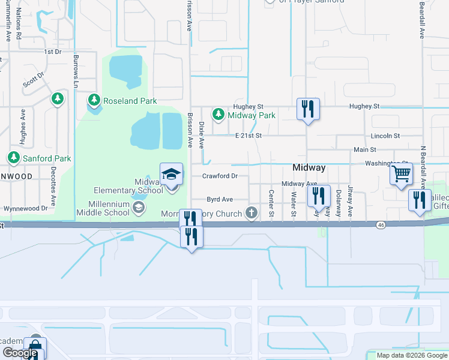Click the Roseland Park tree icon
[x=94, y=100]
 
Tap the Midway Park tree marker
[x=218, y=113]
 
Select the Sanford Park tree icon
[x=13, y=157]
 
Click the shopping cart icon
[x=401, y=174]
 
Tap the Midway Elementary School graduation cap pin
[x=171, y=174]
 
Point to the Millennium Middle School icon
[x=139, y=208]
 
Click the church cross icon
[x=252, y=212]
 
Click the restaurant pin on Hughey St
[x=308, y=109]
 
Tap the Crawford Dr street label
[x=220, y=176]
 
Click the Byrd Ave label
[x=220, y=199]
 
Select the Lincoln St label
[x=385, y=136]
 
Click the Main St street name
[x=365, y=149]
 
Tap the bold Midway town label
[x=309, y=168]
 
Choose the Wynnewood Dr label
[x=25, y=208]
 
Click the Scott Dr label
[x=34, y=80]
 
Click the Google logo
[x=20, y=353]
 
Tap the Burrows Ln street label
[x=76, y=68]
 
